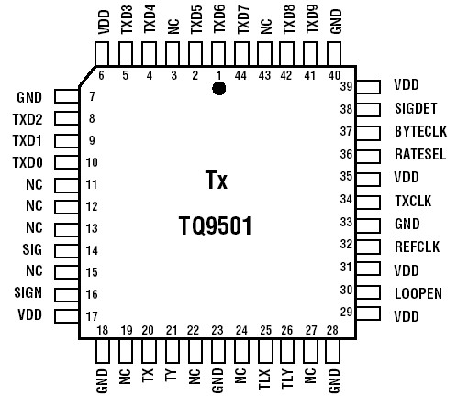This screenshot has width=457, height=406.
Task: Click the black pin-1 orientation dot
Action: pos(219,88)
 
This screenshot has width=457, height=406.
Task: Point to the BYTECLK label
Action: pos(419,131)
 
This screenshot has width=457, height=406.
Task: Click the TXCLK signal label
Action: pos(412,199)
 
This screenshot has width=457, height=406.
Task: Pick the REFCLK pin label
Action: pos(414,245)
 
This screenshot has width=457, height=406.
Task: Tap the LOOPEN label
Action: pos(417,292)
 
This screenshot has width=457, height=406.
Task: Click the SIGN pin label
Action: pos(28,293)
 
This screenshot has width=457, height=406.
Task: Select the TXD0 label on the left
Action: pos(28,162)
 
